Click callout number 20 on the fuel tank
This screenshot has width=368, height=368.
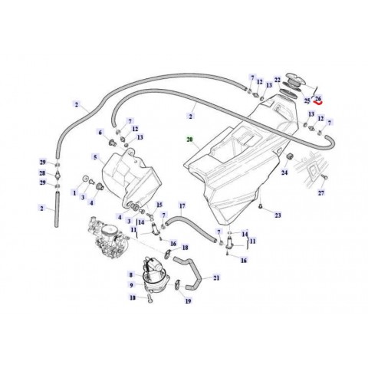point(189,140)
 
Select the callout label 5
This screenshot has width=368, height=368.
point(95,157)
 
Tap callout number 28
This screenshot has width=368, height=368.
point(43,173)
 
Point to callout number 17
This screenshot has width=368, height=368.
point(182,206)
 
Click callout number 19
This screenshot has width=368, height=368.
point(186,302)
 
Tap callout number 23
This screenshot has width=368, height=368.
point(278,217)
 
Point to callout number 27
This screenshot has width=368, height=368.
point(321,193)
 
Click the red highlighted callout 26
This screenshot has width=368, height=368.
point(317,99)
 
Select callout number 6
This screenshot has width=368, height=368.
point(100,132)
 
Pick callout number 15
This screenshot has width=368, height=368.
point(159,205)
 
